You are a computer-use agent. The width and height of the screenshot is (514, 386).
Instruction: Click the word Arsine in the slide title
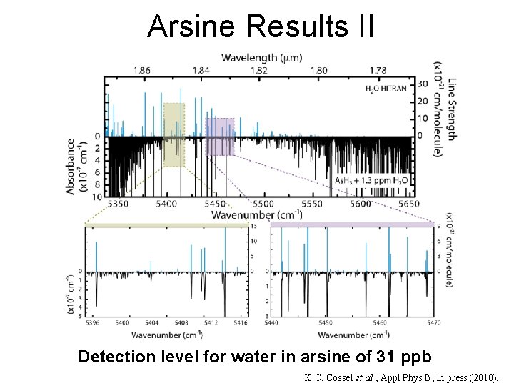[193, 26]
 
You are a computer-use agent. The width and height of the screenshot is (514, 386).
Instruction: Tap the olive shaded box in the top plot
[173, 134]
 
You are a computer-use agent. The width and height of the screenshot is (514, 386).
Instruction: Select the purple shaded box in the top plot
[220, 137]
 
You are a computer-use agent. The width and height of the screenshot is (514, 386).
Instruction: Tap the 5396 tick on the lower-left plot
[94, 323]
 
